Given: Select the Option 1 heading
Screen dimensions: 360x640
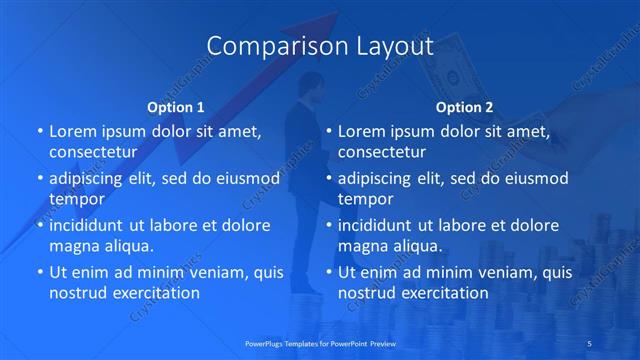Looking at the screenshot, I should (176, 106).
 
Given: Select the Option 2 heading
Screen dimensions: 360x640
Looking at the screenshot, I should (464, 106).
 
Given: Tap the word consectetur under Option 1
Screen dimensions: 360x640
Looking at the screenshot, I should (92, 152).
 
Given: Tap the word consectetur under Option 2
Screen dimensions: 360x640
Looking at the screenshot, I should (382, 152).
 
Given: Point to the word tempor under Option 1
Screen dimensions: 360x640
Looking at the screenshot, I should (76, 199).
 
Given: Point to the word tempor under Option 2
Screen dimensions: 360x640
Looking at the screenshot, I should (366, 199).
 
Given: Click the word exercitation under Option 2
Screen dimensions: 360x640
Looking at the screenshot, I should (445, 293).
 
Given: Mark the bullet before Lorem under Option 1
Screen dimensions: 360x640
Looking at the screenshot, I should (40, 131).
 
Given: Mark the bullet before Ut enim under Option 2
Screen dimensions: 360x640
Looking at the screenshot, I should (330, 272).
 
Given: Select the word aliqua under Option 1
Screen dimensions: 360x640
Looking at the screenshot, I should (127, 246).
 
